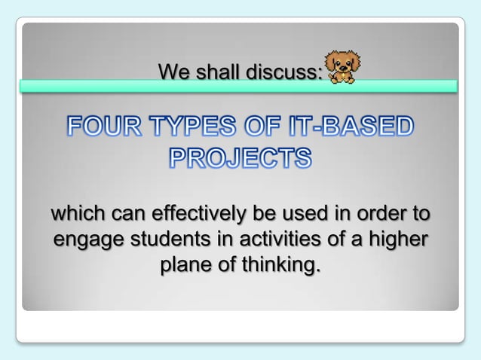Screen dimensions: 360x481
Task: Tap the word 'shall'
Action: pos(215,72)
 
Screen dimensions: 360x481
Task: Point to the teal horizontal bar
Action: pos(238,86)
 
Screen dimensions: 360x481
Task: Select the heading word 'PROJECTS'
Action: pos(240,158)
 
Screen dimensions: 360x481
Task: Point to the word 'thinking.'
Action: pos(279,265)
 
